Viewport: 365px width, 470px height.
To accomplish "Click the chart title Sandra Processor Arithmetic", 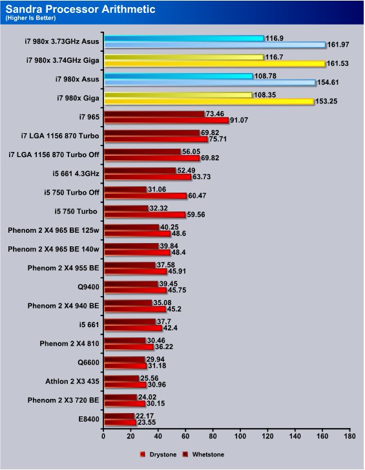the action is (80, 9).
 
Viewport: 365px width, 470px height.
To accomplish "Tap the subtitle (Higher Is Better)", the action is (30, 18).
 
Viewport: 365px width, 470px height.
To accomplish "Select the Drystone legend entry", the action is (158, 454).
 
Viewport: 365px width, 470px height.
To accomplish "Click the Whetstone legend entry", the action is (203, 454).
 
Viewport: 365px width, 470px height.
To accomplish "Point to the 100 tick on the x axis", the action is (240, 436).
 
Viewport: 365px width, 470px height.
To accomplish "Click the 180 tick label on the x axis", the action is (349, 436).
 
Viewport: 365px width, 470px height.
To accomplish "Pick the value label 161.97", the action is (338, 45).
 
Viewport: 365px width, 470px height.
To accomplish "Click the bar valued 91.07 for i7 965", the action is (166, 120).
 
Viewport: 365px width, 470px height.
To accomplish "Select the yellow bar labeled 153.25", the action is (209, 101).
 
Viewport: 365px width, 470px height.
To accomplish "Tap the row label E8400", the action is (89, 419).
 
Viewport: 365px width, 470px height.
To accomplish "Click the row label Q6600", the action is (89, 362).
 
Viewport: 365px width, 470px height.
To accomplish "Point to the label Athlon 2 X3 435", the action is (72, 381).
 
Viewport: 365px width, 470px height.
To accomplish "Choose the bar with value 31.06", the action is (125, 189).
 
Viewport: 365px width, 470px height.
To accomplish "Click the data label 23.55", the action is (147, 422).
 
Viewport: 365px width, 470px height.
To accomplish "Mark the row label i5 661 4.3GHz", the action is (76, 173).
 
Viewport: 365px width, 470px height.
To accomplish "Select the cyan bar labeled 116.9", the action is (184, 38).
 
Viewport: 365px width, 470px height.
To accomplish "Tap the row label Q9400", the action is (89, 287).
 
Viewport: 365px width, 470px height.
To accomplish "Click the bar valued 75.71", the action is (156, 139).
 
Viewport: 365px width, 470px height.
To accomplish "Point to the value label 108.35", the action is (265, 95).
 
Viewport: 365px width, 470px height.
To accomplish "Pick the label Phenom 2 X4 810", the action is (69, 343).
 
